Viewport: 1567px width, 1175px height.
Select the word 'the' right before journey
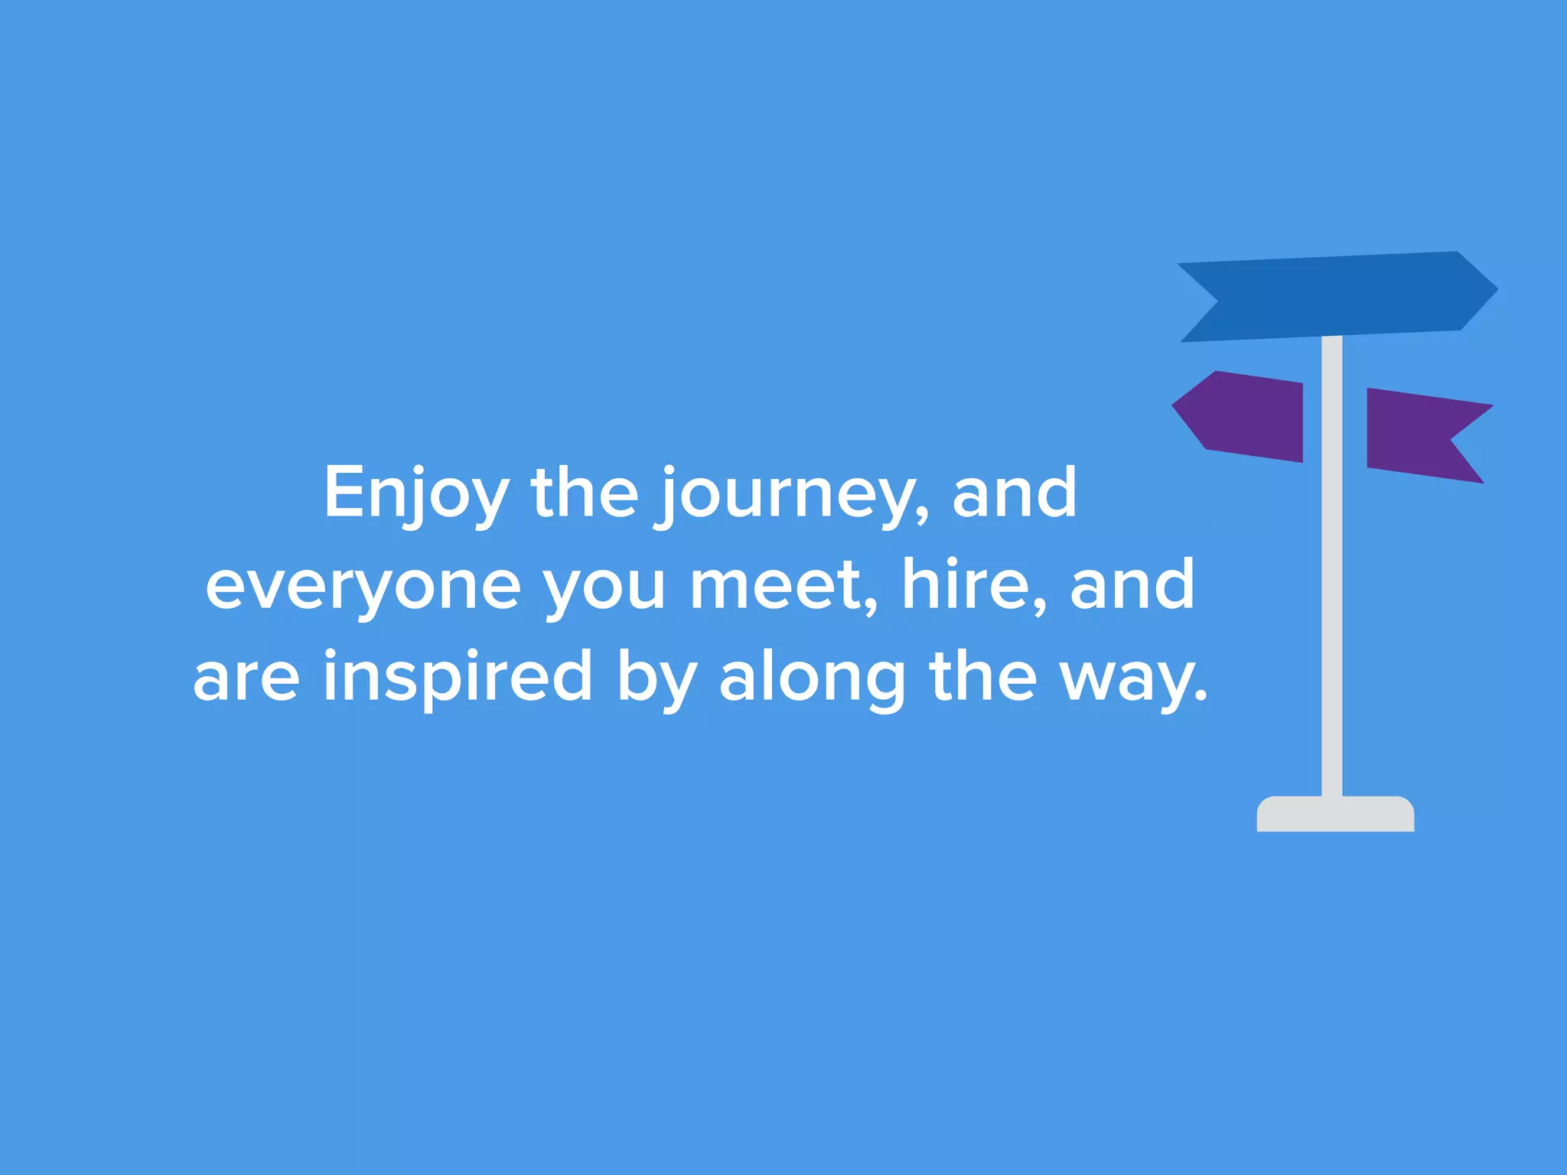[584, 493]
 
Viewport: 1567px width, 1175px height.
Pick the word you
[604, 587]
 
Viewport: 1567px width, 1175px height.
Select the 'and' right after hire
[1132, 585]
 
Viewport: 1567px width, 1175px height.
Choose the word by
[656, 679]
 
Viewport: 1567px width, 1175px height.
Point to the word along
[813, 679]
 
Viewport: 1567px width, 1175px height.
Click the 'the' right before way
[982, 677]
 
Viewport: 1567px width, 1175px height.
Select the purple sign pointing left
[1243, 416]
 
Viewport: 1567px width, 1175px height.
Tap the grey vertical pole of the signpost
[1331, 612]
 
